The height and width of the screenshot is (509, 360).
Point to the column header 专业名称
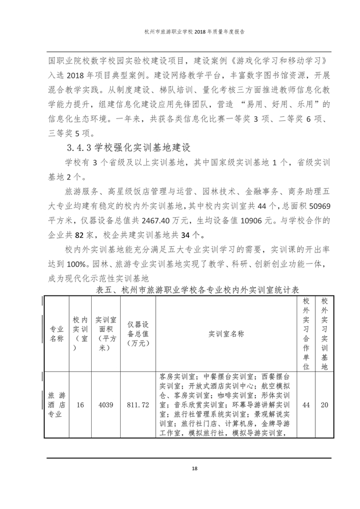coord(56,334)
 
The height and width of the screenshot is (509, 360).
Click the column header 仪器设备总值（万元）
coord(138,334)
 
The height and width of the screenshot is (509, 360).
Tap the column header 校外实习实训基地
coord(325,334)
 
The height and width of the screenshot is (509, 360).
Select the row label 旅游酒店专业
coord(56,405)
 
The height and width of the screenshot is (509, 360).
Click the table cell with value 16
coord(80,405)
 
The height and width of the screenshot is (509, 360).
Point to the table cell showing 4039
coord(106,405)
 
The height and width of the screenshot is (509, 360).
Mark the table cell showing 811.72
coord(138,405)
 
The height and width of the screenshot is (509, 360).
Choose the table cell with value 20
coord(325,405)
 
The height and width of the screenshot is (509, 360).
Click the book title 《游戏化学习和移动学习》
coord(275,61)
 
